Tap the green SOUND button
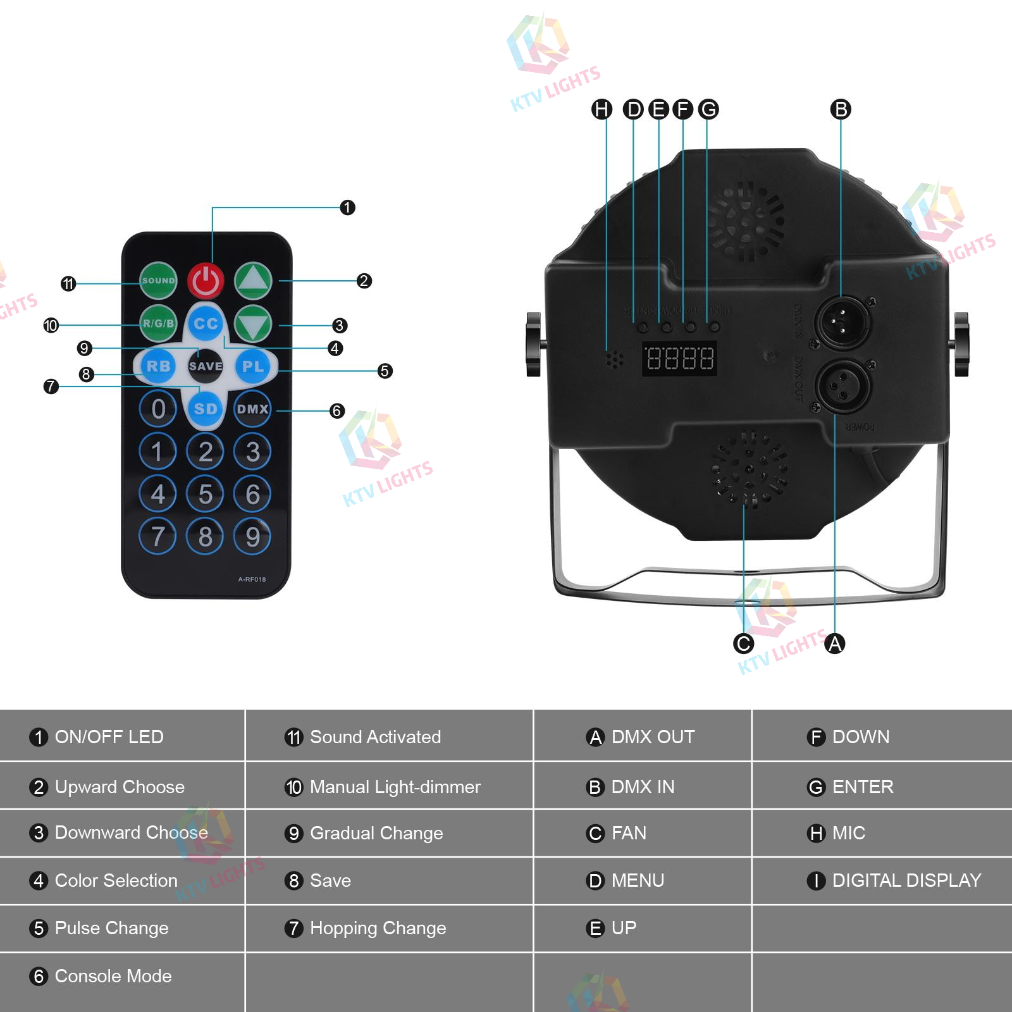coord(158,280)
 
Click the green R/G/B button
coord(158,323)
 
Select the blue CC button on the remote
coord(206,323)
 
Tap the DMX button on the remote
coord(252,409)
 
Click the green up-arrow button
coord(253,280)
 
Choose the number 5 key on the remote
coord(205,494)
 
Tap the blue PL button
coord(253,366)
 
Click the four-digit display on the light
coord(679,359)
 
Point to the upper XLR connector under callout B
coord(841,322)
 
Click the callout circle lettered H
coord(602,109)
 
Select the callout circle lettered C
coord(743,644)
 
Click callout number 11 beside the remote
coord(68,284)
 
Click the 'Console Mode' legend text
coord(113,976)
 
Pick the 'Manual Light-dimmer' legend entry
coord(395,787)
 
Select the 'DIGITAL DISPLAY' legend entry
coord(906,880)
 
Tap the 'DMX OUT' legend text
coord(653,737)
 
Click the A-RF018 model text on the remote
coord(252,579)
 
